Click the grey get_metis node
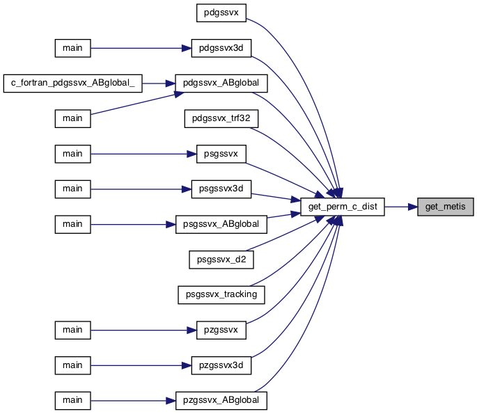tap(446, 207)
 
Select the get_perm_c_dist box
tap(343, 207)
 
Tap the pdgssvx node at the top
tap(221, 13)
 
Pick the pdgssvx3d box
tap(221, 48)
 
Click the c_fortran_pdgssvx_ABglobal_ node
tap(72, 83)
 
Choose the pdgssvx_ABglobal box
tap(221, 83)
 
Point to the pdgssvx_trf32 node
tap(221, 118)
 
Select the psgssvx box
tap(221, 154)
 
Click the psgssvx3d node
tap(221, 189)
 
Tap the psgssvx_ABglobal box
tap(221, 224)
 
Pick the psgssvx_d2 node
tap(221, 260)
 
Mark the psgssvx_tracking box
tap(221, 295)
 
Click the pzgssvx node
tap(221, 330)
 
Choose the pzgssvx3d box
tap(221, 365)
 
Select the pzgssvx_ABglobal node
tap(221, 401)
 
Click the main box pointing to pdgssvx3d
tap(72, 48)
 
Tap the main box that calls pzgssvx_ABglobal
tap(72, 401)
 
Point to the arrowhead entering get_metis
tap(412, 207)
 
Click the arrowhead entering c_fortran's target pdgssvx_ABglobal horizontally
tap(171, 83)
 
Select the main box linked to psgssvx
tap(72, 154)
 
